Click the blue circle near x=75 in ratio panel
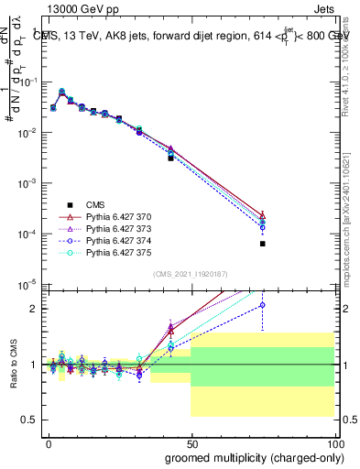(262, 305)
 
